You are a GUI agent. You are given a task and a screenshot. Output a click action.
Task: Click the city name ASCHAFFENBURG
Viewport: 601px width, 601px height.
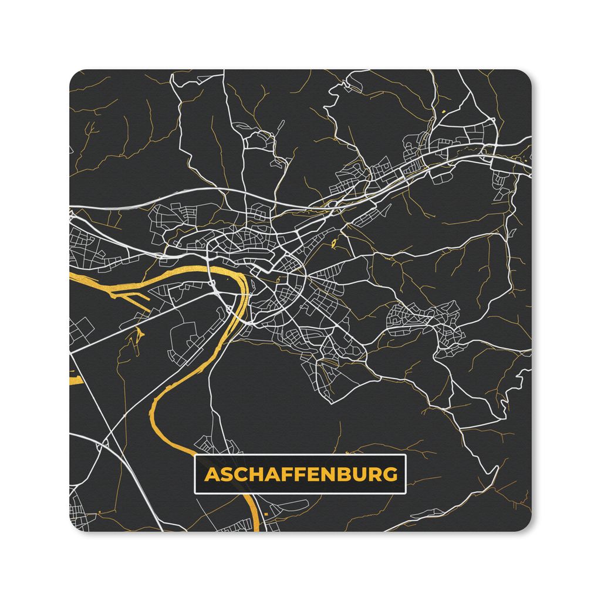click(x=300, y=474)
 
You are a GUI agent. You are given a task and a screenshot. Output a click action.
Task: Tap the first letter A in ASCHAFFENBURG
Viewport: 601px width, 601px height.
click(x=210, y=474)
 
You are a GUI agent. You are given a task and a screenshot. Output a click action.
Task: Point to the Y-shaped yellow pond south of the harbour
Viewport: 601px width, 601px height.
click(x=139, y=335)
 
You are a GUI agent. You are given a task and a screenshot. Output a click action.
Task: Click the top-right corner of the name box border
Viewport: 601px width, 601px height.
click(x=406, y=455)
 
